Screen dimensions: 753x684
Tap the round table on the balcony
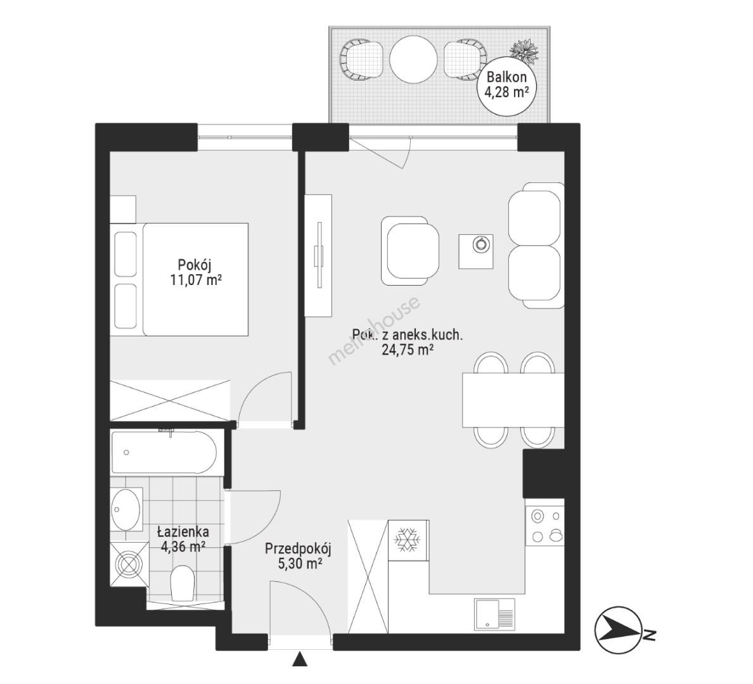pyautogui.click(x=413, y=60)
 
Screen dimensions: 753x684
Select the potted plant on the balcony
pyautogui.click(x=525, y=51)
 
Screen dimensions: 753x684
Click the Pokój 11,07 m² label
pyautogui.click(x=195, y=272)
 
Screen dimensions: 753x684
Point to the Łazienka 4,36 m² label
pyautogui.click(x=183, y=539)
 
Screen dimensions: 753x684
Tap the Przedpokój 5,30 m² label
pyautogui.click(x=299, y=556)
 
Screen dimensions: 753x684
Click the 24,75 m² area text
pyautogui.click(x=408, y=350)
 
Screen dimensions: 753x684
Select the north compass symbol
pyautogui.click(x=624, y=630)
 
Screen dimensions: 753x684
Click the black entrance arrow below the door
pyautogui.click(x=300, y=659)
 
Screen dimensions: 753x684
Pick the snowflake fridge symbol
pyautogui.click(x=407, y=540)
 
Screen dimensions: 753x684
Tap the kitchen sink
pyautogui.click(x=494, y=614)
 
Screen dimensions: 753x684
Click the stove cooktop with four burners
pyautogui.click(x=545, y=526)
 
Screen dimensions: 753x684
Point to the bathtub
pyautogui.click(x=164, y=452)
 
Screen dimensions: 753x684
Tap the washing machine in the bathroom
pyautogui.click(x=130, y=564)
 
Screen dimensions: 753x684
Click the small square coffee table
pyautogui.click(x=476, y=251)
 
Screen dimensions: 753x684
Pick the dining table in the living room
pyautogui.click(x=513, y=400)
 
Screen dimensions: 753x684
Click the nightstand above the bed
pyautogui.click(x=123, y=209)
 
